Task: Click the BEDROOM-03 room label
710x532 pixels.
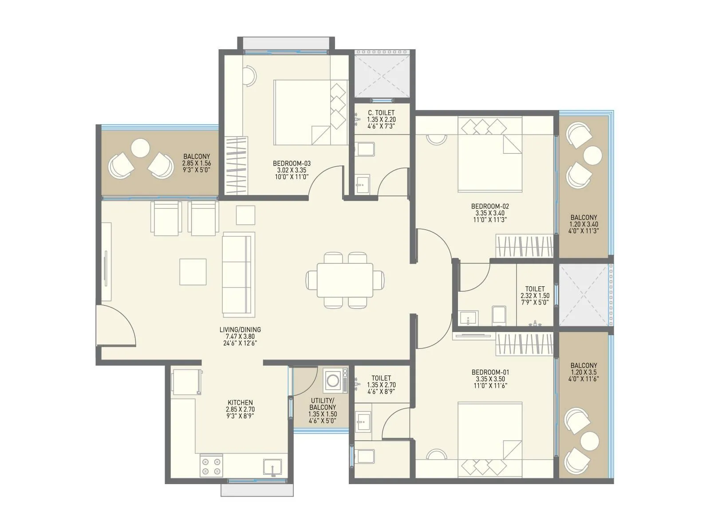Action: click(x=292, y=163)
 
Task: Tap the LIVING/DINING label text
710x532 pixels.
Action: click(x=240, y=329)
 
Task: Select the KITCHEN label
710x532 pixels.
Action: click(x=240, y=403)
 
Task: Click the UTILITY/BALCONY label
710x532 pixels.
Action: click(x=323, y=404)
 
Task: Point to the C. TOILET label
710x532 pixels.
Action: click(x=381, y=113)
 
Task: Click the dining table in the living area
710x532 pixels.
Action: click(x=345, y=280)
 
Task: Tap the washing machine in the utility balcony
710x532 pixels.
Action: click(x=335, y=379)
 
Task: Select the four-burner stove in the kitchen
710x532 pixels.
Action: click(x=211, y=466)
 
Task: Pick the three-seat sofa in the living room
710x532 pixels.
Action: click(x=238, y=274)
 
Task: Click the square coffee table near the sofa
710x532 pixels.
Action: click(x=193, y=272)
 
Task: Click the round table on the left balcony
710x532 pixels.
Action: click(x=141, y=148)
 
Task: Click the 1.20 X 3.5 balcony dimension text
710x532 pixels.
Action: click(x=584, y=372)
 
